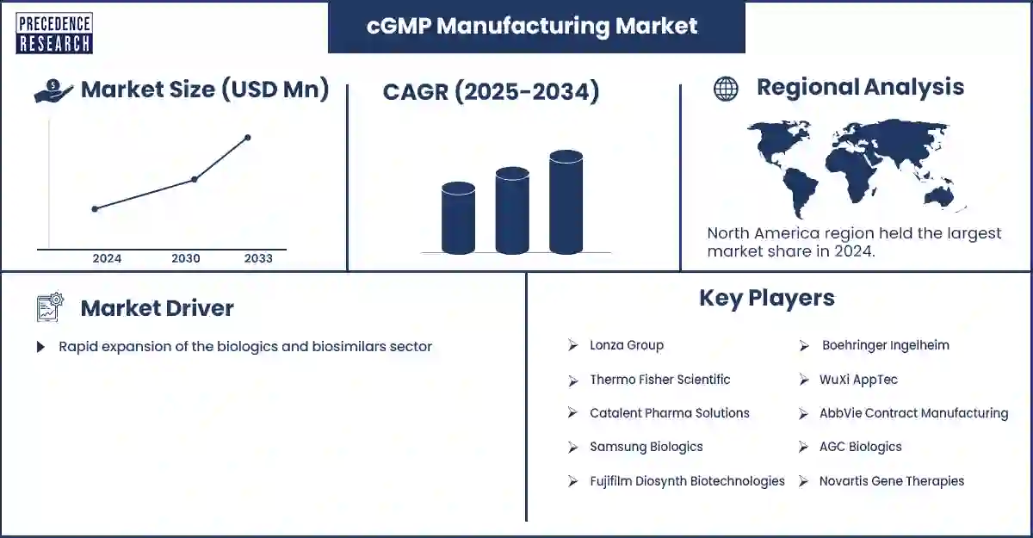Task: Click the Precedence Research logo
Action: pyautogui.click(x=54, y=34)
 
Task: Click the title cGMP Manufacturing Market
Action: pyautogui.click(x=532, y=26)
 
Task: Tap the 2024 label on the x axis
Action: pyautogui.click(x=107, y=258)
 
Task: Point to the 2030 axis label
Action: pyautogui.click(x=186, y=258)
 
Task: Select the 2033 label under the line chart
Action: pyautogui.click(x=258, y=258)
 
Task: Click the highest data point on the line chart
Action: pyautogui.click(x=248, y=138)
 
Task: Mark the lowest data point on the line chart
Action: pyautogui.click(x=95, y=208)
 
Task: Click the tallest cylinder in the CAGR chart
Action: pyautogui.click(x=566, y=203)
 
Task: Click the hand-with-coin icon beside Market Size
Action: pyautogui.click(x=53, y=91)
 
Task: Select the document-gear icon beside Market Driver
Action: pyautogui.click(x=50, y=308)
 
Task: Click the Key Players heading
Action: pyautogui.click(x=766, y=298)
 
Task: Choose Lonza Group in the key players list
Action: pyautogui.click(x=626, y=345)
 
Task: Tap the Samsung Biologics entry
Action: pyautogui.click(x=646, y=447)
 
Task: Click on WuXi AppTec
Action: pyautogui.click(x=859, y=380)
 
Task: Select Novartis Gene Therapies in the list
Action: pyautogui.click(x=892, y=481)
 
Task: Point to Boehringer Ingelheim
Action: pyautogui.click(x=885, y=345)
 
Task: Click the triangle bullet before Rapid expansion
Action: pyautogui.click(x=40, y=347)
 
